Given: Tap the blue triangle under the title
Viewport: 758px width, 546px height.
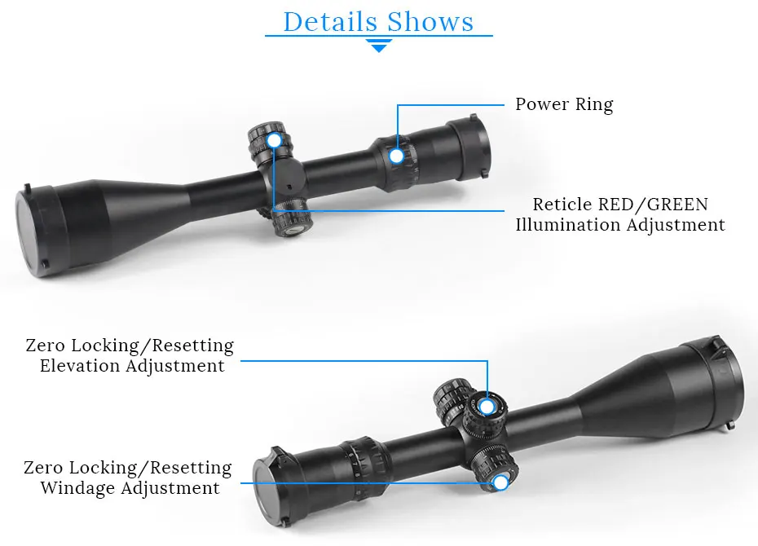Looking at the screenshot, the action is [x=379, y=47].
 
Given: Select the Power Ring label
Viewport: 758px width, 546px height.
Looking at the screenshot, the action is [x=564, y=104].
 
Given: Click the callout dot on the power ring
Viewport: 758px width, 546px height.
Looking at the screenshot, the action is [x=397, y=156].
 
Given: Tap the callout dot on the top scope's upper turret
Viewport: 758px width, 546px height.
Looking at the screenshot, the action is [x=274, y=141].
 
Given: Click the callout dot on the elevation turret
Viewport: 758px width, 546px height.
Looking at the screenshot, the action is [x=487, y=406].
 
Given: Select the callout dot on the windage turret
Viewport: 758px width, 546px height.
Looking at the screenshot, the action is [x=500, y=482].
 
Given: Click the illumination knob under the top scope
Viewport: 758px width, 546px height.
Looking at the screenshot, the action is [x=291, y=218].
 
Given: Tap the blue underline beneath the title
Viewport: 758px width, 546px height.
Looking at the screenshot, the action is [x=379, y=36].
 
